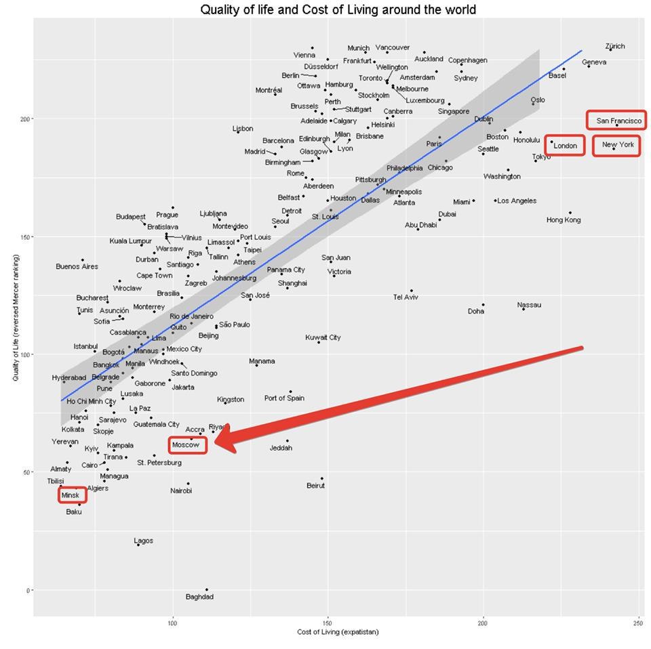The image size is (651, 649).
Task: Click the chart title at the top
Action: coord(337,9)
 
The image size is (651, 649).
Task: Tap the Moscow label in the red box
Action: coord(186,445)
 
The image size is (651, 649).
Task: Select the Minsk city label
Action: coord(71,496)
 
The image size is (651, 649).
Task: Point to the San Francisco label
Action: coord(618,121)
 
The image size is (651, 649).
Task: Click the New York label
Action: coord(618,145)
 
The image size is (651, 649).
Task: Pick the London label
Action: coord(565,146)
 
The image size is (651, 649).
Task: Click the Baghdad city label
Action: coord(199,597)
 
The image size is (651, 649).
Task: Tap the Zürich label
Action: coord(615,47)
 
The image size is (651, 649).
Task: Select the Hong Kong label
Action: coord(564,220)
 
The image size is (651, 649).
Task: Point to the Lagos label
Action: coord(144,541)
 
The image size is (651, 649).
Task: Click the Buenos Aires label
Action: coord(77,266)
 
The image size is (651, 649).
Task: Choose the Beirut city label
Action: coord(315,486)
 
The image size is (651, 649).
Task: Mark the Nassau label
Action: coord(529,305)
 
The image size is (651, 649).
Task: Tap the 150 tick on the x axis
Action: coord(328,622)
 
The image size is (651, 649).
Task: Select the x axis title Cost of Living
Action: coord(338,632)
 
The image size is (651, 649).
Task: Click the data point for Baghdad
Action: coord(207,590)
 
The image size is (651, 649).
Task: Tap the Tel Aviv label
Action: coord(406,297)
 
